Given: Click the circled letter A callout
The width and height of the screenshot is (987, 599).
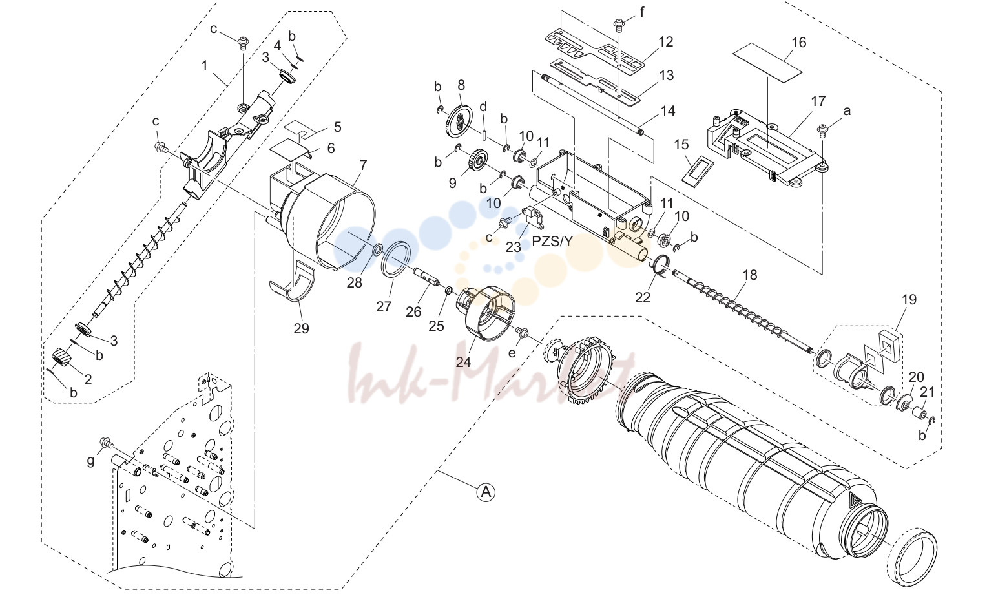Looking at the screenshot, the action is click(486, 491).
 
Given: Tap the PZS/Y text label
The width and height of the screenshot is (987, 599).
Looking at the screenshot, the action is click(552, 241).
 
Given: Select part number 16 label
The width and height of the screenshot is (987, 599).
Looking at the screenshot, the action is click(799, 42).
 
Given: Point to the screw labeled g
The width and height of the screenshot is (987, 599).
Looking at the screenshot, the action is click(106, 443).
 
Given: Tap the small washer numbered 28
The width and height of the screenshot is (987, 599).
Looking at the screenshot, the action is click(378, 250).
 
